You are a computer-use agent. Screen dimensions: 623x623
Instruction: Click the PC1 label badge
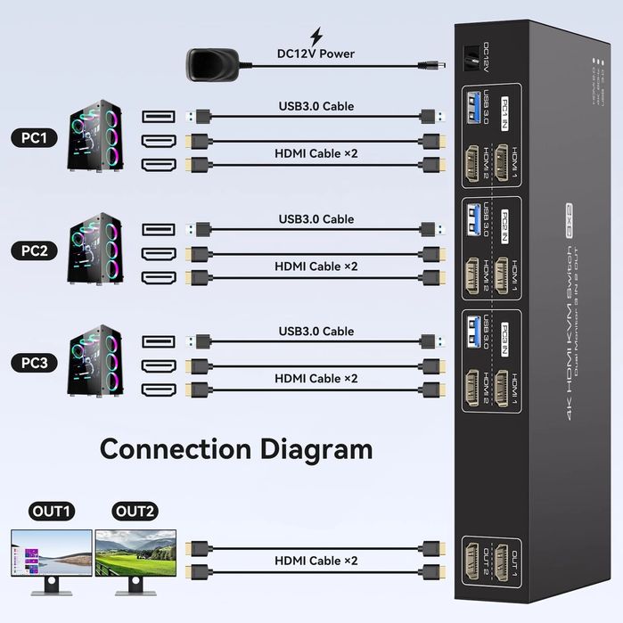35,138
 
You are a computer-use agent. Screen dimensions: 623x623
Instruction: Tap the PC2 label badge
35,250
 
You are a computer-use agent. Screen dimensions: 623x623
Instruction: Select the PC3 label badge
35,363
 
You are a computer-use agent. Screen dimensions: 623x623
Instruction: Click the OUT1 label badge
50,512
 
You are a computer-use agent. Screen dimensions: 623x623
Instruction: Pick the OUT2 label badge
135,512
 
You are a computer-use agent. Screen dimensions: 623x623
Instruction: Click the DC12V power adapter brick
211,63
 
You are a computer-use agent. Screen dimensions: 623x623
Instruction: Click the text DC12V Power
316,53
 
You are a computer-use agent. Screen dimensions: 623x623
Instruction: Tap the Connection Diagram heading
236,447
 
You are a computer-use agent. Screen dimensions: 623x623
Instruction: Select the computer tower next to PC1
95,138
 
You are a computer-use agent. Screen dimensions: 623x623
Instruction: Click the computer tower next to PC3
95,363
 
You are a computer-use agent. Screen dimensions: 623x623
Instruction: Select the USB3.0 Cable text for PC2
316,219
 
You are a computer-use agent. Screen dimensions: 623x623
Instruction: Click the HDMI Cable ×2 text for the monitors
316,561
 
